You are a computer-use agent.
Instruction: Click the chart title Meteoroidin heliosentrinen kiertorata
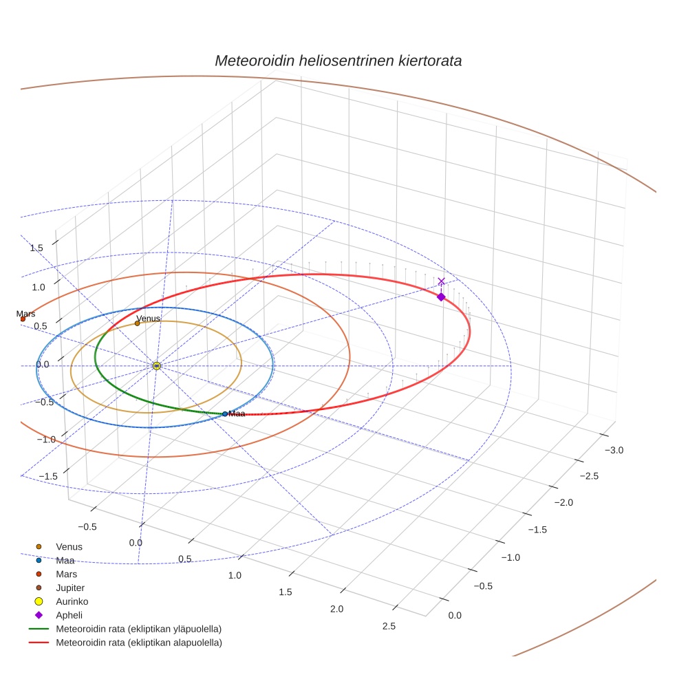(x=338, y=61)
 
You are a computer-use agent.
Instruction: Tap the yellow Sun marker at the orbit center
(x=157, y=366)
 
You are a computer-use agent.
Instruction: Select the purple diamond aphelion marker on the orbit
(x=441, y=297)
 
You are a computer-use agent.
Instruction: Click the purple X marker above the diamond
(x=441, y=281)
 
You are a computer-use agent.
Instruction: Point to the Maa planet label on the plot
(x=237, y=413)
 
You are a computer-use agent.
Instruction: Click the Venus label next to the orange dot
(x=148, y=319)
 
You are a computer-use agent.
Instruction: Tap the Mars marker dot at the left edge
(x=23, y=319)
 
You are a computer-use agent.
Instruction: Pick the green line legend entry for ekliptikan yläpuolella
(x=138, y=629)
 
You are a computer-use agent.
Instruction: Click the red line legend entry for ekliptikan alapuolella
(x=138, y=643)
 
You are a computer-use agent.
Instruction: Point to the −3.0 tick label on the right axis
(x=613, y=450)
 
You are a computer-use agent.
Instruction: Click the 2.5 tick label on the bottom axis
(x=388, y=625)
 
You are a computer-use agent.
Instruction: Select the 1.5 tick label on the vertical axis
(x=36, y=248)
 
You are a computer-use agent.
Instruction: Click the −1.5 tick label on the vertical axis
(x=47, y=476)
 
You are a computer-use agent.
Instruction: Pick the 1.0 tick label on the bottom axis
(x=235, y=575)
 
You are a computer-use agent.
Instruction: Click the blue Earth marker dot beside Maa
(x=225, y=413)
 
